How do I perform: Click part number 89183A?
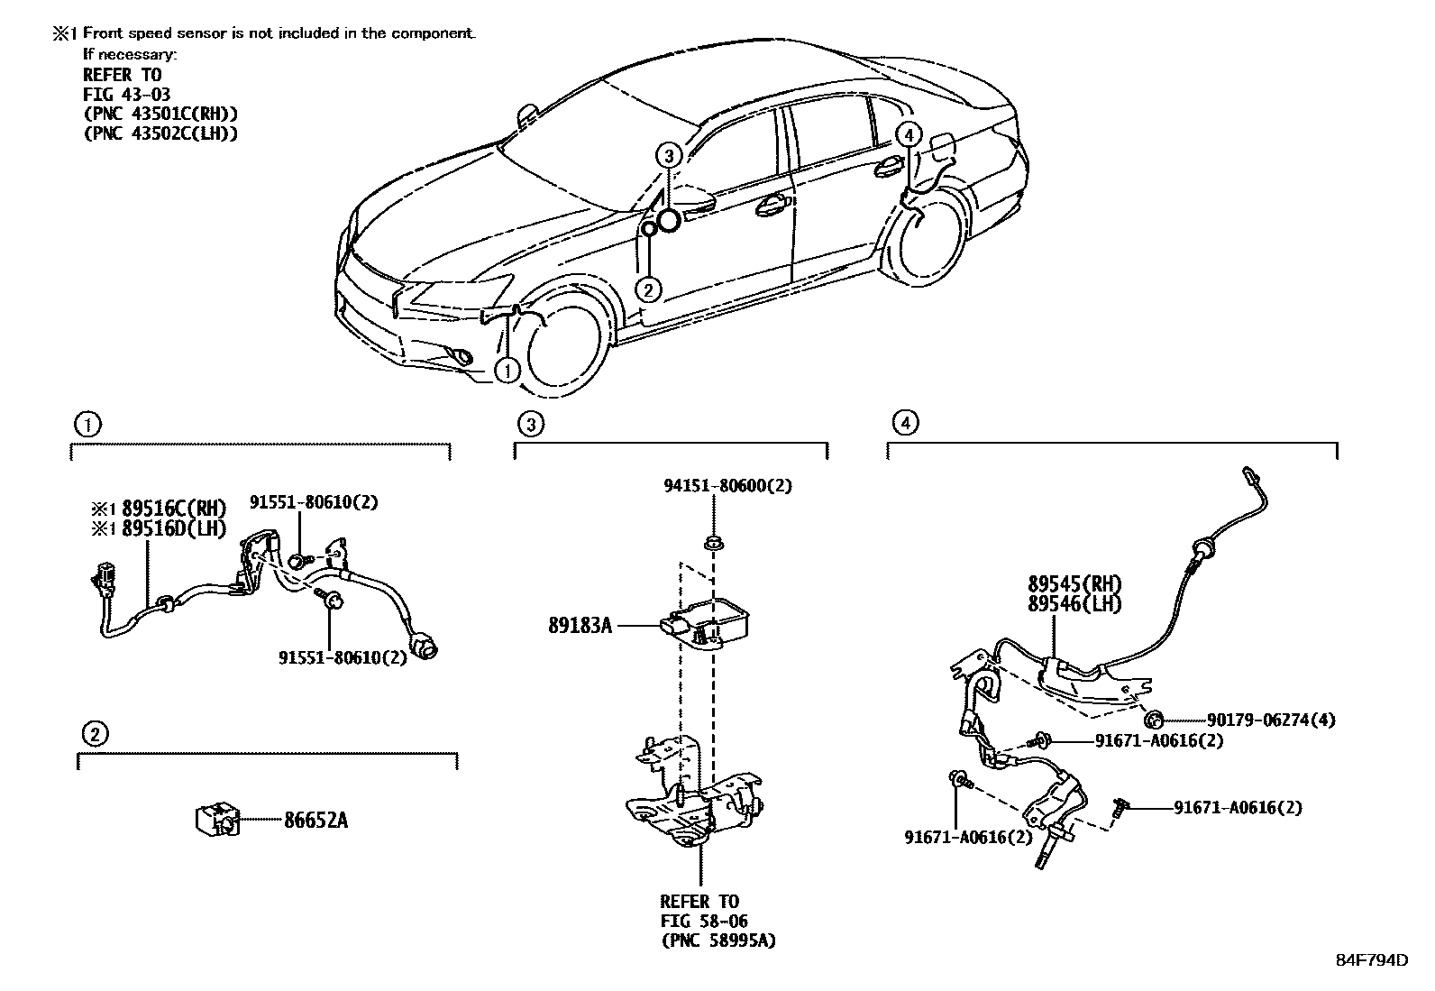coord(580,624)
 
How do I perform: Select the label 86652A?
coord(315,821)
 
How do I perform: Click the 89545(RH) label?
coord(1074,584)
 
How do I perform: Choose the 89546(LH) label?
coord(1074,604)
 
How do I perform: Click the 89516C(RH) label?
coord(173,508)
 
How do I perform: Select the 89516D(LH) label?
coord(173,528)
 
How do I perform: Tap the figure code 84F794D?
coord(1371,959)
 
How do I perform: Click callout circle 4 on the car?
coord(909,135)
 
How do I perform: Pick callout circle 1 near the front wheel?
coord(507,369)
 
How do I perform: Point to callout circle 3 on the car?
coord(668,156)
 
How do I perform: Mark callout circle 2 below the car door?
coord(647,289)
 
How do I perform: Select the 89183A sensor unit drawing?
coord(708,623)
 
